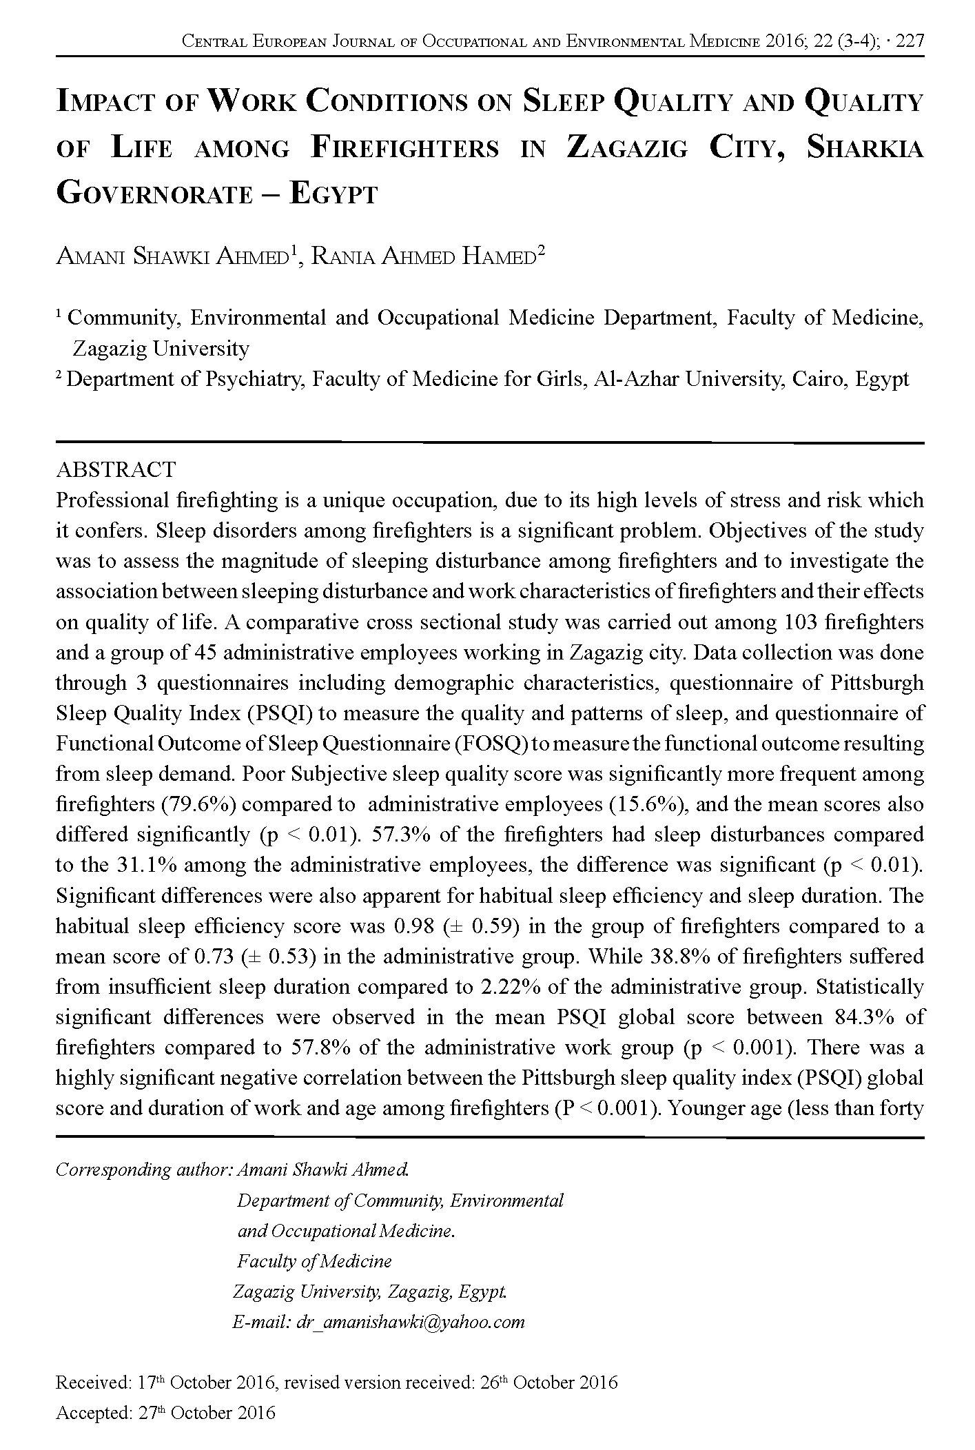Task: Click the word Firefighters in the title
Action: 405,149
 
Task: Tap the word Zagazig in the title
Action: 626,149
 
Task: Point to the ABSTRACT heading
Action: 116,469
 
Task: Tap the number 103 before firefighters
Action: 800,622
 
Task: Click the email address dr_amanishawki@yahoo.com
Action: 409,1322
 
